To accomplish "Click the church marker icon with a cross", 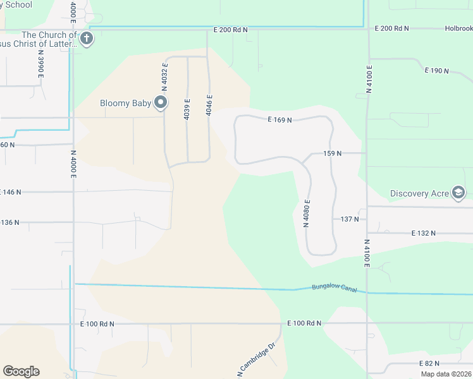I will pos(87,39).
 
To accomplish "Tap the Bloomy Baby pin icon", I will pos(161,102).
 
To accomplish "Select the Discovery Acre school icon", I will pos(458,193).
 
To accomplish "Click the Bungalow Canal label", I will pos(334,289).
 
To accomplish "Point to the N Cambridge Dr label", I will pos(257,361).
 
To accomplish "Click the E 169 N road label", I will pos(279,119).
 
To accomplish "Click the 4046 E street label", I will pos(209,105).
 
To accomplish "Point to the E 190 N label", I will pos(436,70).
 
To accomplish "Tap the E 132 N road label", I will pos(423,233).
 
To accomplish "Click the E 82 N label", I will pos(429,364).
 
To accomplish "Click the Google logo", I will pos(21,371).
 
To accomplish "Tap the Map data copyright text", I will pos(446,374).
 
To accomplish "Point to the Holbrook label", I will pos(458,28).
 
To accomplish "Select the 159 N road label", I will pos(332,153).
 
